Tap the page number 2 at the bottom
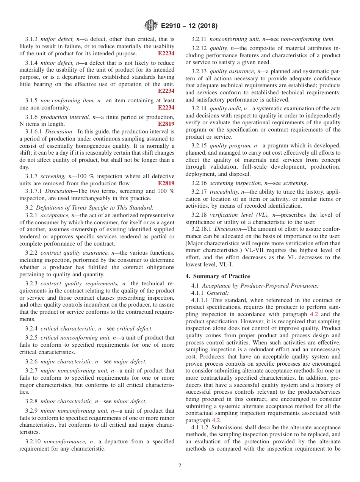(x=180, y=466)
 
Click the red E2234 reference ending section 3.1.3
(x=166, y=53)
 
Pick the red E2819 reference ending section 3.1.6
(x=166, y=124)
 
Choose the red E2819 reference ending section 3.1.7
(x=166, y=183)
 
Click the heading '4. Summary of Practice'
(x=218, y=276)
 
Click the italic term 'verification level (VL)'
(x=240, y=215)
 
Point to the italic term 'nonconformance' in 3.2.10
(x=62, y=441)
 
